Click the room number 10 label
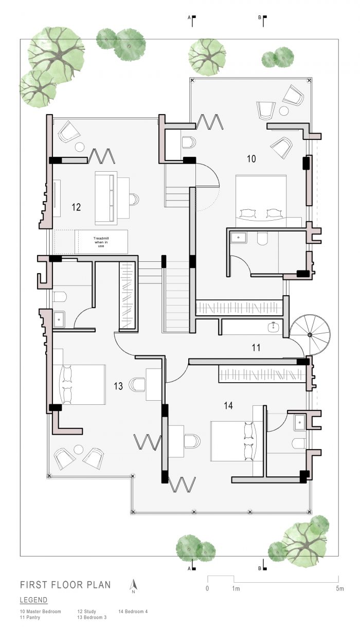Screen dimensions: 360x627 coord(251,159)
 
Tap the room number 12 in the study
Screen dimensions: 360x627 coord(76,207)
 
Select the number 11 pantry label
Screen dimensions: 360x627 coord(256,348)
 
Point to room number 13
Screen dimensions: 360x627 coord(118,386)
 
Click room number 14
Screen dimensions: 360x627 coord(228,406)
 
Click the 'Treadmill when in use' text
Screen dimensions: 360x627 coord(101,242)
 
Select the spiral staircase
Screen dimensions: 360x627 coord(310,335)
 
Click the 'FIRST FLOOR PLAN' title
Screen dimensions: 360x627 coord(65,585)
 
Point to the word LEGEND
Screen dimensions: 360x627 coord(33,600)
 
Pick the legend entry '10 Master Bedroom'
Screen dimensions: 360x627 coord(40,612)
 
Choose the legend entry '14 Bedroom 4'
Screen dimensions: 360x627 coord(133,612)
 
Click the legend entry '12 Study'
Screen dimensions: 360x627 coord(87,612)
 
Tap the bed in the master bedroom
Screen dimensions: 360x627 coord(261,201)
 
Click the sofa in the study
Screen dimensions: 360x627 coord(106,198)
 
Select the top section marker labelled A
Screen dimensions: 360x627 coord(192,21)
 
